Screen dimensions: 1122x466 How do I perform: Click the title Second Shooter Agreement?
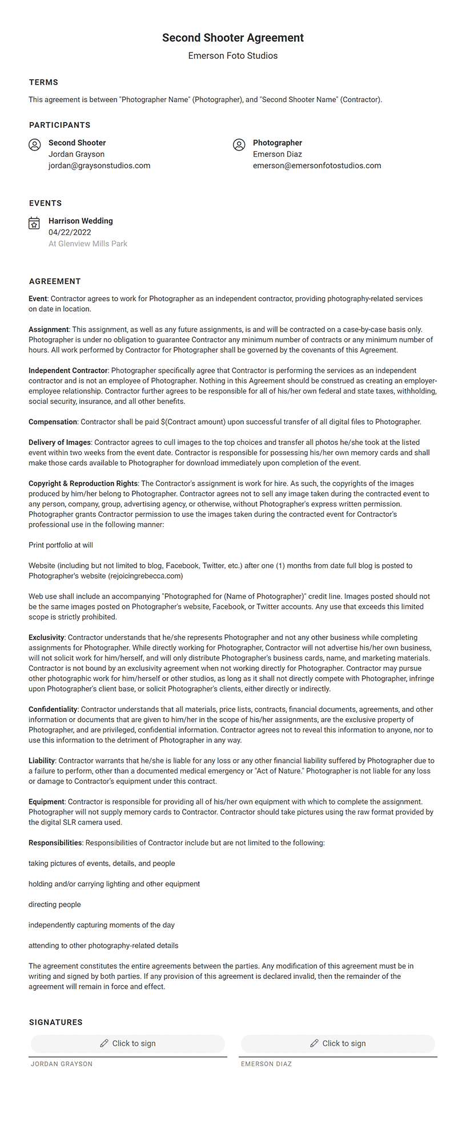coord(232,38)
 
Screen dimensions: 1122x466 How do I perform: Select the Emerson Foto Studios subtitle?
coord(232,56)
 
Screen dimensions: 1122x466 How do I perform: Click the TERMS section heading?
coord(43,82)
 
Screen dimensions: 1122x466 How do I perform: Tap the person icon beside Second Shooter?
coord(35,145)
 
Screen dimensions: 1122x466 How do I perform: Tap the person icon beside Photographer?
coord(239,145)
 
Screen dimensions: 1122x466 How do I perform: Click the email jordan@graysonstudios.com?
coord(99,165)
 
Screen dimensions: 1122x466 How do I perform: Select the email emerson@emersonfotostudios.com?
coord(317,165)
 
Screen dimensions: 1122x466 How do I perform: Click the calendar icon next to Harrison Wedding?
coord(34,223)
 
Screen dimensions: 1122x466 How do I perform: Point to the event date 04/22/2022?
coord(70,232)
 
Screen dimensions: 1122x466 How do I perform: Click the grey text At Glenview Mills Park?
coord(88,244)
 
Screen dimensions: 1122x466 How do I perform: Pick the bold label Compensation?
coord(53,422)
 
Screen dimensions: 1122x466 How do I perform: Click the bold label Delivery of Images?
coord(59,443)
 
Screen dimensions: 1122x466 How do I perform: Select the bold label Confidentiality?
coord(53,710)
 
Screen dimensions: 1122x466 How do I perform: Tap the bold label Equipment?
coord(47,802)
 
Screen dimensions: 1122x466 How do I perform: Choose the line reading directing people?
coord(55,905)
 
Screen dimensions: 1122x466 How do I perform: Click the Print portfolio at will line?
coord(61,545)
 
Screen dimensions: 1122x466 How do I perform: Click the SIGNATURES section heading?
coord(55,1022)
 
